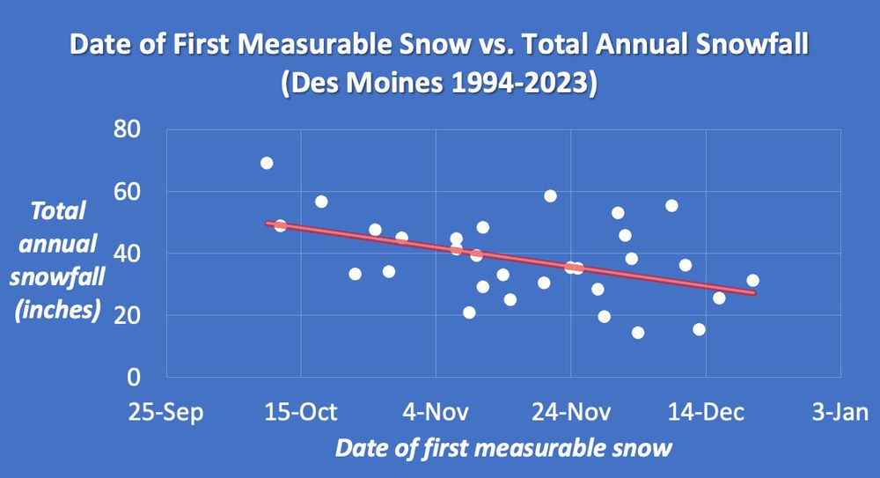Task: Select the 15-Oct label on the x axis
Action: pos(301,411)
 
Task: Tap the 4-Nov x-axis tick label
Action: pos(436,411)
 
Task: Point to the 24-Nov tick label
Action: pos(570,411)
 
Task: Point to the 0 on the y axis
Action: pos(135,377)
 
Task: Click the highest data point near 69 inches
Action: pos(267,163)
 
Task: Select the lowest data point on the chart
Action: pos(638,333)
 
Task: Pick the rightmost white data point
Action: pos(752,280)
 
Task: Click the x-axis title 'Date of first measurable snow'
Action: pos(503,447)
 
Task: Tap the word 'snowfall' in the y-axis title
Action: pos(64,276)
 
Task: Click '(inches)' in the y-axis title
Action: pos(64,309)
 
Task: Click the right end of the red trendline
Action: pos(753,293)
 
